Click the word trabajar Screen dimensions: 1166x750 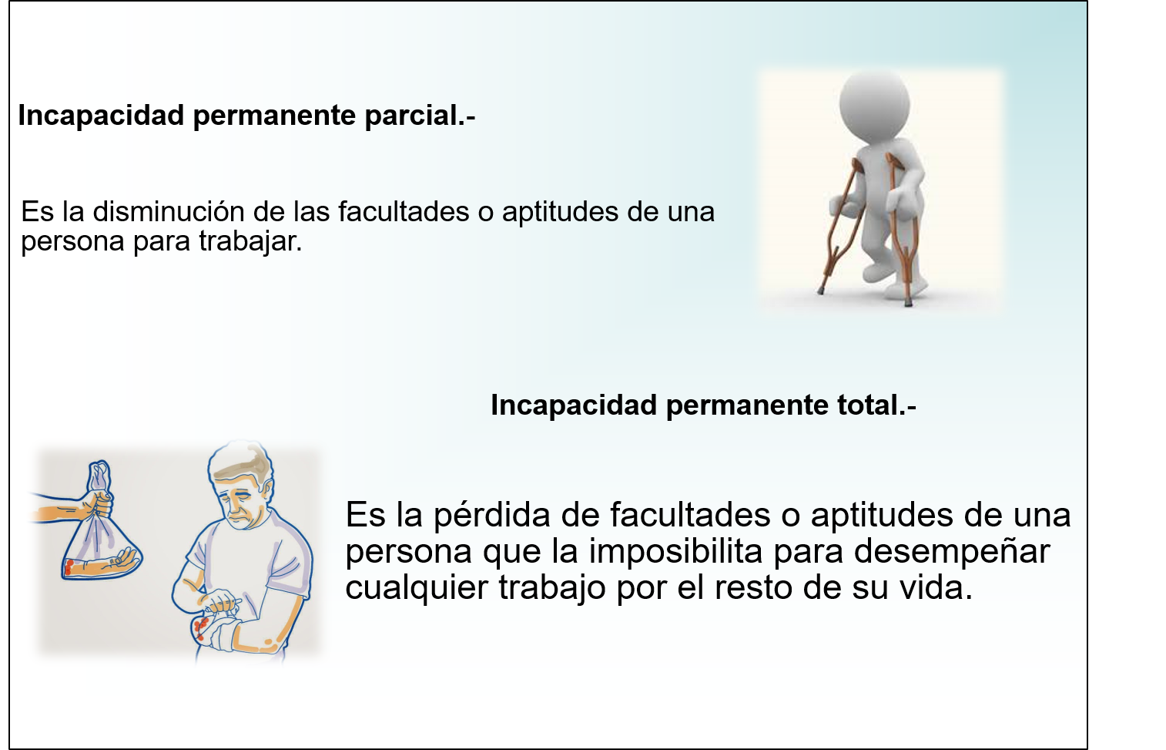point(250,242)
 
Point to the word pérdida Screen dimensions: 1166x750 point(492,515)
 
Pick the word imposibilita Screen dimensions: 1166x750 point(675,551)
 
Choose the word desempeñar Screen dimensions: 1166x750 point(952,552)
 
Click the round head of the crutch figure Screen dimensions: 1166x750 point(875,106)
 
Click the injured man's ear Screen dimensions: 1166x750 point(267,492)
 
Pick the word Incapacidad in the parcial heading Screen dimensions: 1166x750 point(101,116)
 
